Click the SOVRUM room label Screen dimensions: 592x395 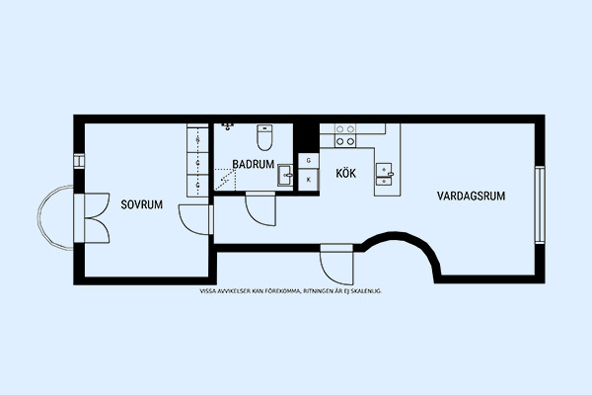pos(141,204)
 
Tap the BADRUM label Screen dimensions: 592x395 pos(253,165)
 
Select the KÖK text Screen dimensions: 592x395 pos(346,174)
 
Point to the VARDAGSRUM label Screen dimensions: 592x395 pos(472,196)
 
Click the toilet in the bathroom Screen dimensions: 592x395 pos(264,137)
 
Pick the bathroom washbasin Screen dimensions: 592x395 pos(285,175)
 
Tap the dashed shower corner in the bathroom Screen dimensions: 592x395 pos(225,180)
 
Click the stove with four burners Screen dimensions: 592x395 pos(345,135)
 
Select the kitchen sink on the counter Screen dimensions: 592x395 pos(384,174)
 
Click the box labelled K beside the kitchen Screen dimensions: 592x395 pos(309,180)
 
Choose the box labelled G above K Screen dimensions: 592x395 pos(309,161)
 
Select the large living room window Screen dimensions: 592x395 pos(540,204)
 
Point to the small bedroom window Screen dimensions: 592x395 pos(79,161)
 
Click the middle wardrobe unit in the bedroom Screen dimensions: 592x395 pos(197,163)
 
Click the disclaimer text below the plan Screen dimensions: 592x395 pos(290,291)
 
